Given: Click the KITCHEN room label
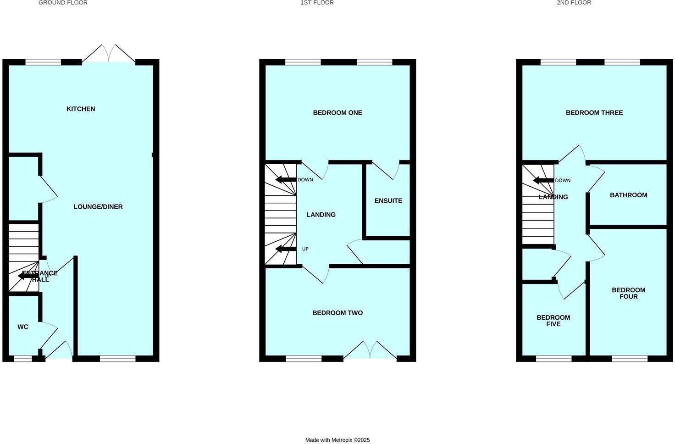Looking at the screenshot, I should pyautogui.click(x=81, y=109).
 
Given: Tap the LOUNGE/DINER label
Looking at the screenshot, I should pyautogui.click(x=98, y=207).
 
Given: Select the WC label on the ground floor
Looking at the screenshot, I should pyautogui.click(x=23, y=327).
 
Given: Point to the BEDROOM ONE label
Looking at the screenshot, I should pyautogui.click(x=337, y=113).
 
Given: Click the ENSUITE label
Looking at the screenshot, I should pyautogui.click(x=388, y=201).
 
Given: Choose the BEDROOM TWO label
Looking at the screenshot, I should pyautogui.click(x=337, y=313).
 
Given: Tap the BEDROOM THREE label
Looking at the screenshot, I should pyautogui.click(x=594, y=113).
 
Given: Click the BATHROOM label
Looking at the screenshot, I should pyautogui.click(x=628, y=195).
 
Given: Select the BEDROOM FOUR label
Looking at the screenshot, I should pyautogui.click(x=628, y=293).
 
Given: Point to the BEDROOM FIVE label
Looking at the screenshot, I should pyautogui.click(x=553, y=321).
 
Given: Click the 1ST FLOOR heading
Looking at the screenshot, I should pyautogui.click(x=317, y=3).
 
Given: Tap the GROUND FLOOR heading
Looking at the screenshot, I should pyautogui.click(x=63, y=3).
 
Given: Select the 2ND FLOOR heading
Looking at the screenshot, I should pyautogui.click(x=574, y=3).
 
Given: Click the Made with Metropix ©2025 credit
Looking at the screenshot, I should pyautogui.click(x=337, y=440).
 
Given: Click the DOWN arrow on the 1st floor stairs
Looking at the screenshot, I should pyautogui.click(x=286, y=180).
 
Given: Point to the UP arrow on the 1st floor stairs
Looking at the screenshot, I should pyautogui.click(x=286, y=249).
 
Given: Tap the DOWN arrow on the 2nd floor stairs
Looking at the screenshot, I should pyautogui.click(x=543, y=180).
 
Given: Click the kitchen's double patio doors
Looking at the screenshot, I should pyautogui.click(x=109, y=54).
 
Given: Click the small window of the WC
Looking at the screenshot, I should pyautogui.click(x=22, y=359).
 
